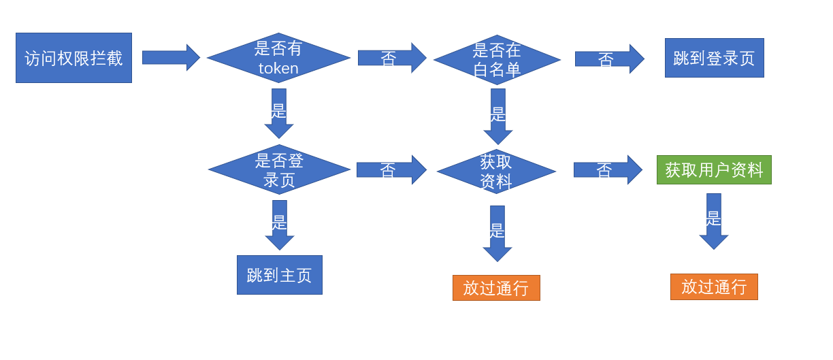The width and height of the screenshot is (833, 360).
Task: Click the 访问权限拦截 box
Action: tap(73, 58)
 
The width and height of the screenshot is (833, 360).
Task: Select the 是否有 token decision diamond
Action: tap(278, 58)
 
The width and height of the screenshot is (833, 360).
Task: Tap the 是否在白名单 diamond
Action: tap(497, 59)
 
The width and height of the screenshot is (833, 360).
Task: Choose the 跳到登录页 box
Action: tap(714, 58)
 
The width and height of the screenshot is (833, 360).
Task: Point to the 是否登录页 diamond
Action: tap(279, 169)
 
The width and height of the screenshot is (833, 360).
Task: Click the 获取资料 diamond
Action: tap(496, 171)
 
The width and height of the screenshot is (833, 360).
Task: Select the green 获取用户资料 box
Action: tap(714, 169)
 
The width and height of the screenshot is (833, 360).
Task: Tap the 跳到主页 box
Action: tap(279, 275)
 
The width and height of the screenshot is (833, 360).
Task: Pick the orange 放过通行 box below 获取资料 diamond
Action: tap(496, 288)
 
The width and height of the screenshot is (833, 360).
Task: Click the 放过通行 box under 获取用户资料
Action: tap(714, 287)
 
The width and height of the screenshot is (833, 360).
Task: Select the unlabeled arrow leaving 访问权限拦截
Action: tap(170, 58)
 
